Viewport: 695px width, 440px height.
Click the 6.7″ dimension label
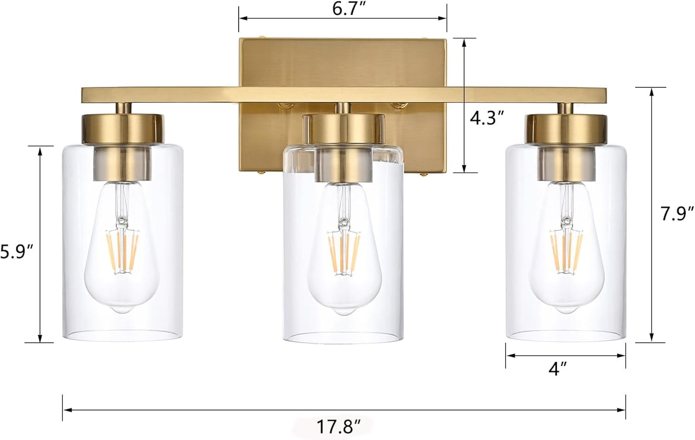[348, 9]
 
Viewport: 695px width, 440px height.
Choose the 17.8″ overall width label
[339, 427]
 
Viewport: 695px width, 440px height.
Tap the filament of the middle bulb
[345, 253]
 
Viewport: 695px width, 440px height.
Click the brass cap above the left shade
[123, 129]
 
